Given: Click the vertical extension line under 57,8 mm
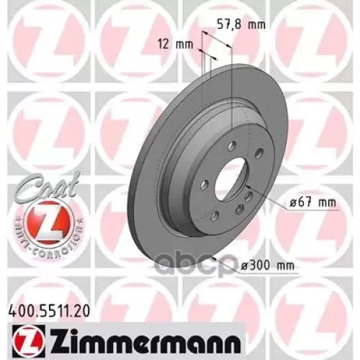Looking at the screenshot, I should (x=232, y=79).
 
